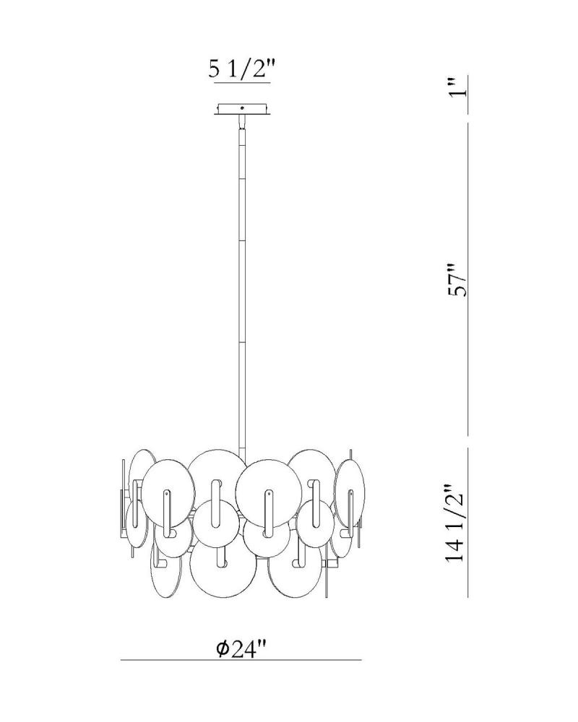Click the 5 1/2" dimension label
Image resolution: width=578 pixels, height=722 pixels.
(241, 69)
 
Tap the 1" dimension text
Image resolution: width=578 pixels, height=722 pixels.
(459, 87)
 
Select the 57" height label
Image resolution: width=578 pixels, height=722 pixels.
(459, 280)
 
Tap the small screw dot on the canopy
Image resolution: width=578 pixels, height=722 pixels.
(243, 108)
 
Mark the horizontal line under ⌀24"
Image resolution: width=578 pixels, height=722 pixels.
(241, 661)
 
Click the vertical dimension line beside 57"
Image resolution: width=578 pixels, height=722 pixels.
(468, 279)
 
